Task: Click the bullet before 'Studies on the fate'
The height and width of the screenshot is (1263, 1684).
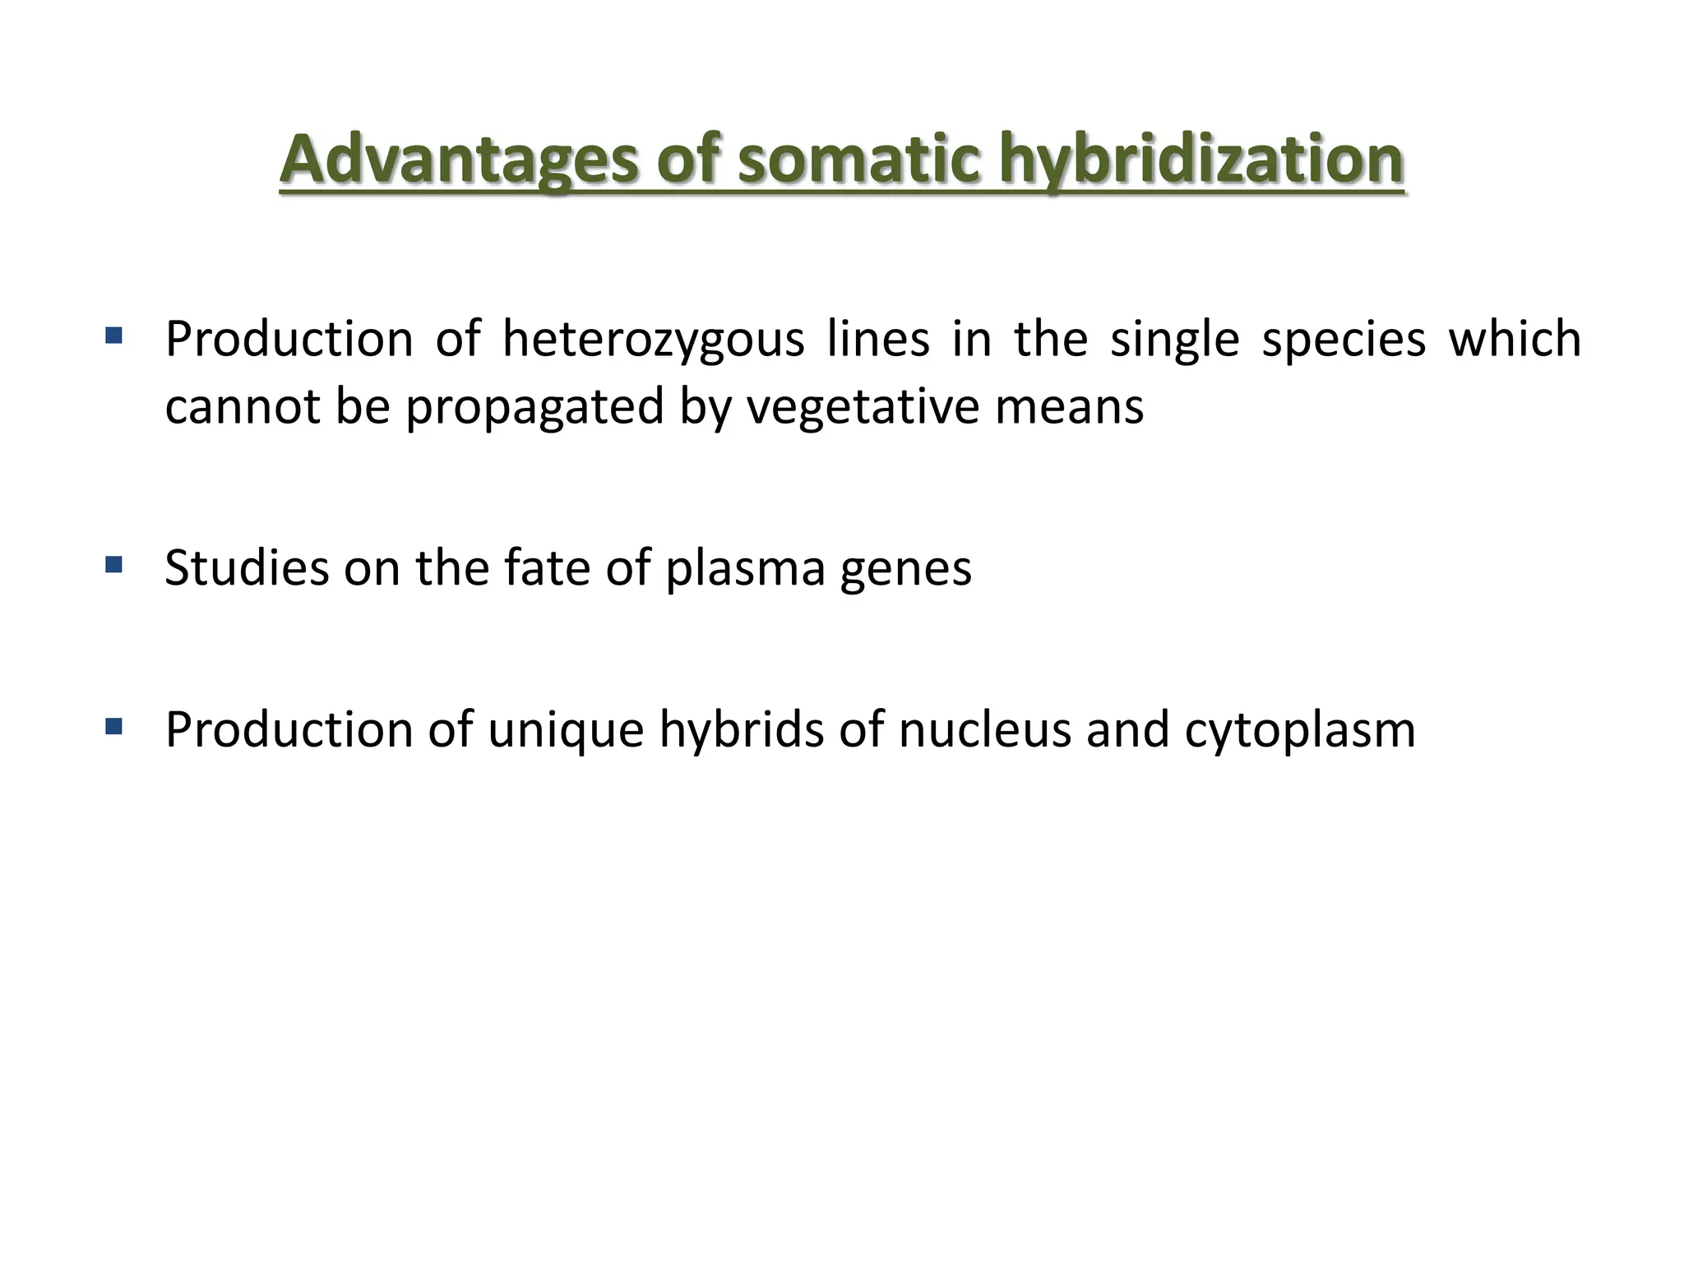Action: (x=114, y=565)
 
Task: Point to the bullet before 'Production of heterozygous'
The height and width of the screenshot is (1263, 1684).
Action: (x=114, y=335)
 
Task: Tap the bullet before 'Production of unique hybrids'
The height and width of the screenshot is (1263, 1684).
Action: (x=114, y=726)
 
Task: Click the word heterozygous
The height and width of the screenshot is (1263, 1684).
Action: (x=653, y=340)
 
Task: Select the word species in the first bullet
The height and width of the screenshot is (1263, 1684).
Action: (x=1343, y=339)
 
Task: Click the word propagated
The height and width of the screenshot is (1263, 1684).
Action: (x=534, y=408)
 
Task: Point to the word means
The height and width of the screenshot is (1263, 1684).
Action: (x=1069, y=406)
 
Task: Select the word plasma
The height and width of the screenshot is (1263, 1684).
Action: (x=745, y=569)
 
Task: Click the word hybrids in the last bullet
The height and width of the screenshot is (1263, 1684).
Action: (x=741, y=730)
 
